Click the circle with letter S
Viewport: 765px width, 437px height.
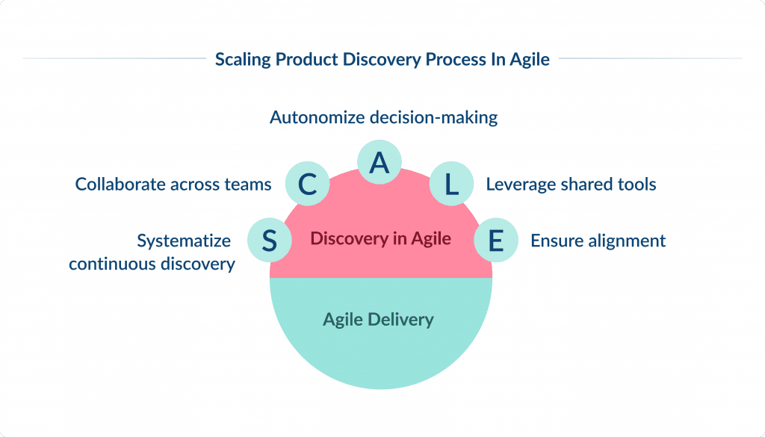pyautogui.click(x=270, y=240)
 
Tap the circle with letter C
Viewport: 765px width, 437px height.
pyautogui.click(x=307, y=185)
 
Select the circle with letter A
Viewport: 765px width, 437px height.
pyautogui.click(x=380, y=162)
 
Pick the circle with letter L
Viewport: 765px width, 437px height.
pyautogui.click(x=451, y=185)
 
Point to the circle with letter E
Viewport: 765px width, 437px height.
pyautogui.click(x=495, y=240)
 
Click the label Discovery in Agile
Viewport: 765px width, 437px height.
pyautogui.click(x=380, y=239)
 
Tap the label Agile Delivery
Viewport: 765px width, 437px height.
pyautogui.click(x=378, y=320)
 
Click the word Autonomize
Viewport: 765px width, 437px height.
pyautogui.click(x=313, y=117)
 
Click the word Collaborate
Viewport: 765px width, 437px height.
pyautogui.click(x=120, y=184)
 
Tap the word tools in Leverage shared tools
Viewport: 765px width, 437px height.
pyautogui.click(x=637, y=184)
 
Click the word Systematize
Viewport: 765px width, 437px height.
pyautogui.click(x=184, y=241)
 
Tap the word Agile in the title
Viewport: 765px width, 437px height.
pyautogui.click(x=530, y=59)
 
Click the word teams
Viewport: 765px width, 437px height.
pyautogui.click(x=247, y=184)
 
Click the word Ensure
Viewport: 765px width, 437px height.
pyautogui.click(x=554, y=241)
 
